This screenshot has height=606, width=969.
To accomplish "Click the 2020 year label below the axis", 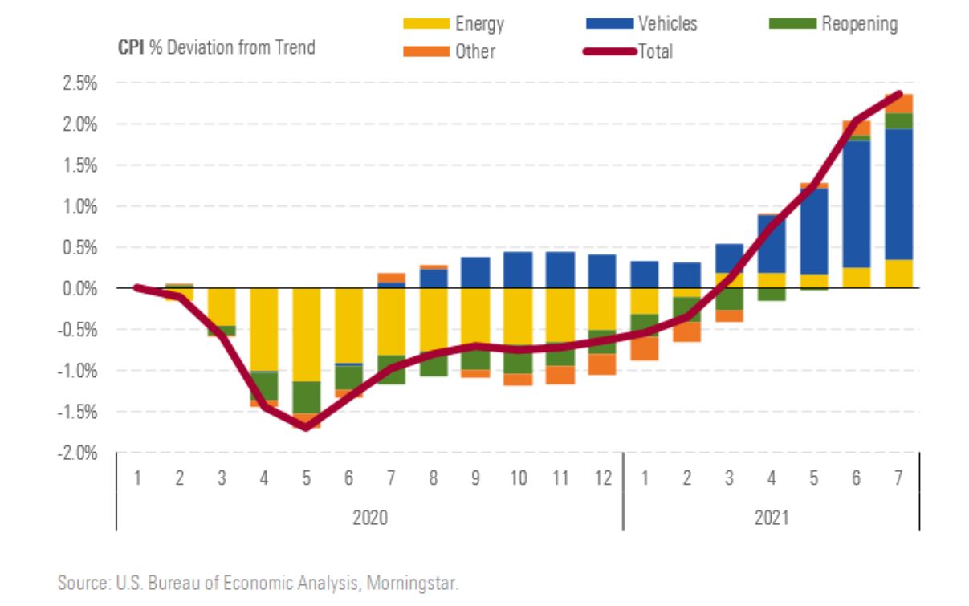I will pyautogui.click(x=369, y=517).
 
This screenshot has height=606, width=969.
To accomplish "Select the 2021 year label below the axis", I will pyautogui.click(x=771, y=517).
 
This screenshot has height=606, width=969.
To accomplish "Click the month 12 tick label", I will pyautogui.click(x=602, y=478).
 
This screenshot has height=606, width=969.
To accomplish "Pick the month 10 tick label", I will pyautogui.click(x=518, y=478).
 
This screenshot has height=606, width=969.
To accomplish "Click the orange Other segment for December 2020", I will pyautogui.click(x=602, y=364).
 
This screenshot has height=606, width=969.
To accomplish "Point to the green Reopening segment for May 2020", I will pyautogui.click(x=307, y=397).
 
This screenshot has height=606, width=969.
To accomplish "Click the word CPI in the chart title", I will pyautogui.click(x=131, y=47).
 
